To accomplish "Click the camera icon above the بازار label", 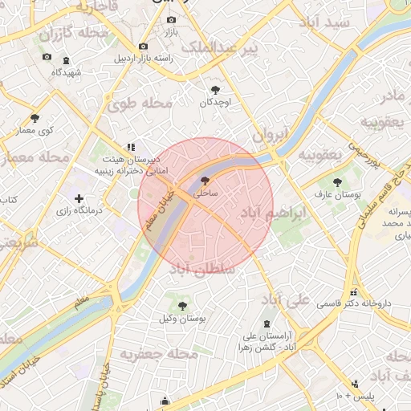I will tap(170, 20).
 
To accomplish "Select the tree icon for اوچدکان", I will tap(215, 90).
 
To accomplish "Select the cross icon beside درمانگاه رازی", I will tap(79, 198).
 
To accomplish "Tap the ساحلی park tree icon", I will tap(204, 181).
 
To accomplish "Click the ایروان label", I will tap(271, 136).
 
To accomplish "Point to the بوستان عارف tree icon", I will tap(337, 182).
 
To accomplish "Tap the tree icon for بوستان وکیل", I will tap(182, 305).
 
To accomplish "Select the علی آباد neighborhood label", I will tap(286, 300).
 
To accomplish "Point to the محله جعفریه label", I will tap(159, 352).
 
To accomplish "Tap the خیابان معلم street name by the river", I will tap(157, 211).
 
